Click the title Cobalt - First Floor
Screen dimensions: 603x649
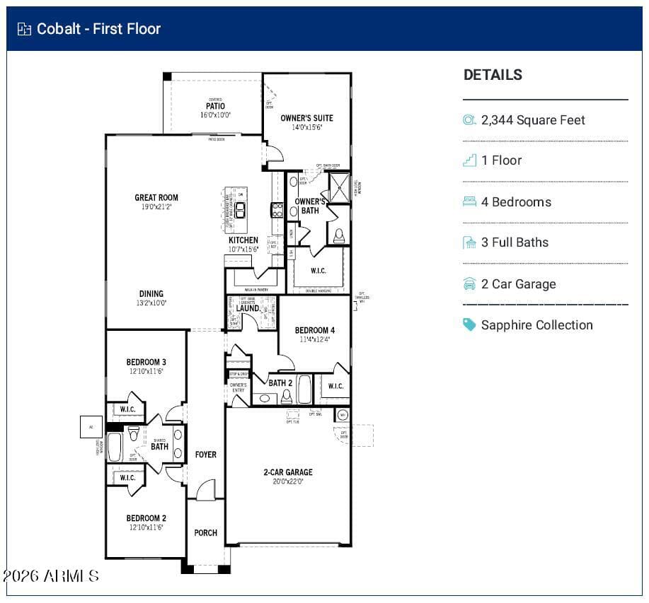(98, 29)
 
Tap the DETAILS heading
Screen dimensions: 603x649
(493, 75)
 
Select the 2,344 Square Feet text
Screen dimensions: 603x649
(533, 120)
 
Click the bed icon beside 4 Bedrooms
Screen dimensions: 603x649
(469, 201)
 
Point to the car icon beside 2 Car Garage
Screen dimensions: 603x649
(469, 284)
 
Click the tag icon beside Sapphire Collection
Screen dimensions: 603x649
(469, 324)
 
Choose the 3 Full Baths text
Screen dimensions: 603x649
(515, 242)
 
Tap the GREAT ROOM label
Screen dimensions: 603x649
(156, 198)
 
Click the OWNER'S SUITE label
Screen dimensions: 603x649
(306, 118)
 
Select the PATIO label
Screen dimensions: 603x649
(215, 107)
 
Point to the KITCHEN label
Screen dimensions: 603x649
(243, 240)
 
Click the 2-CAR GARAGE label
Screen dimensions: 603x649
(288, 472)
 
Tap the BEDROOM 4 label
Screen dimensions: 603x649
(314, 330)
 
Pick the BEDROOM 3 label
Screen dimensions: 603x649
(147, 363)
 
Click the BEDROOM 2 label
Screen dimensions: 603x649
(147, 518)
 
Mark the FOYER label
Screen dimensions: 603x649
(206, 455)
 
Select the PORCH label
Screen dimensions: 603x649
(206, 532)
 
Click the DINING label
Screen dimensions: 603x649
(151, 294)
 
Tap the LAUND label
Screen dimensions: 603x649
(247, 308)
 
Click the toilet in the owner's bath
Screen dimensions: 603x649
(339, 235)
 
